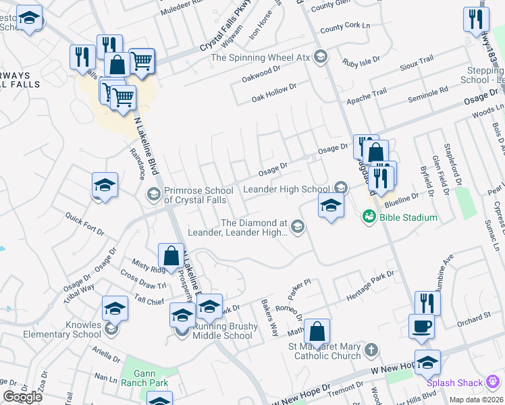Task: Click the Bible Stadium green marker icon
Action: tap(369, 217)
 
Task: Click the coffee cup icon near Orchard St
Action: tap(422, 325)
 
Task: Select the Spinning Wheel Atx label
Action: tap(260, 57)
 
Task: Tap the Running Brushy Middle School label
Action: tap(223, 331)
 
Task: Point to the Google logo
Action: tap(22, 397)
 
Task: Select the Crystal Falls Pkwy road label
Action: tap(230, 38)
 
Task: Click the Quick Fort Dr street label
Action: tap(84, 224)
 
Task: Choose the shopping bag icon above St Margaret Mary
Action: tap(317, 332)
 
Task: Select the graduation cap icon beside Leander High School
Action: tap(331, 207)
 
